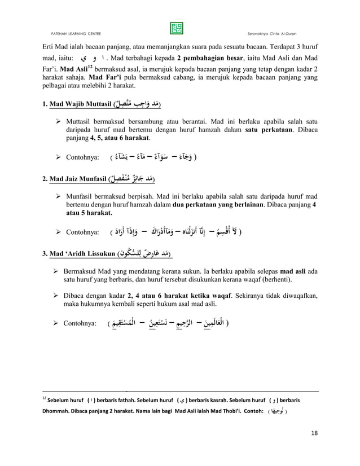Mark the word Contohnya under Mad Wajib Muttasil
coord(84,156)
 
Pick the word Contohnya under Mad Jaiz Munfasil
coord(84,231)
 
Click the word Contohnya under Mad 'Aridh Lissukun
coord(84,324)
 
